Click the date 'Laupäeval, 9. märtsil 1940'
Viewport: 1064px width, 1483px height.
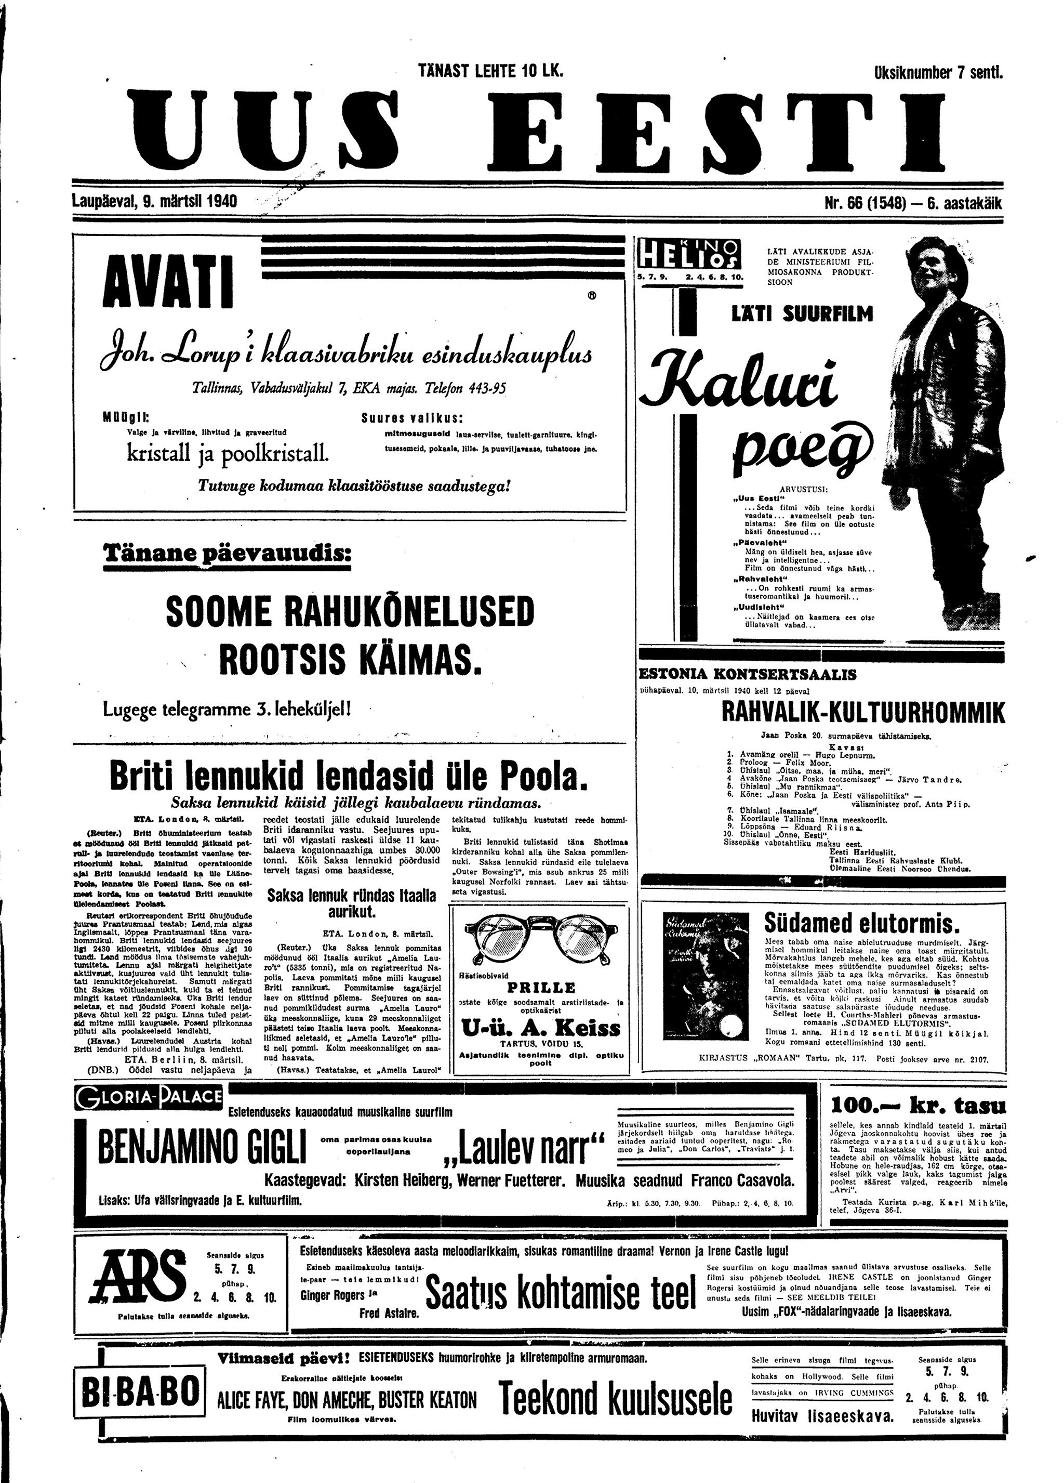pos(154,201)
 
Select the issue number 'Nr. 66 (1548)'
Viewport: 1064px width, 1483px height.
pos(866,203)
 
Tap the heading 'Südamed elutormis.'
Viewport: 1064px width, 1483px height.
pos(862,923)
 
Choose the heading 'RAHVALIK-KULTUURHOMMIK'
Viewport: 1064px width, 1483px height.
pos(863,713)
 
